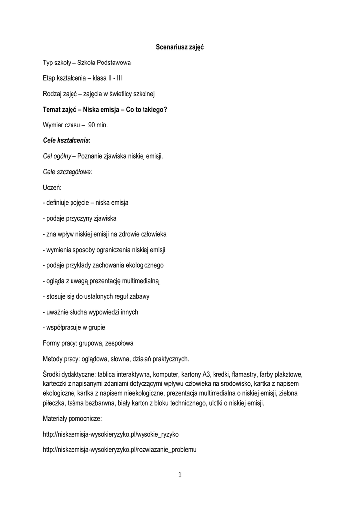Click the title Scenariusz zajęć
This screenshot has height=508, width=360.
point(180,47)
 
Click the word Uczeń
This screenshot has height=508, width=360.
point(52,187)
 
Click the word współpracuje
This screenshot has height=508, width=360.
point(64,327)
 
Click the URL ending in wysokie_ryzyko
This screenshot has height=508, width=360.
point(111,434)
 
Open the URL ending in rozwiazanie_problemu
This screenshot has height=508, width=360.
point(120,450)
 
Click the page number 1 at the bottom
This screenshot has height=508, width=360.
point(180,475)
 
